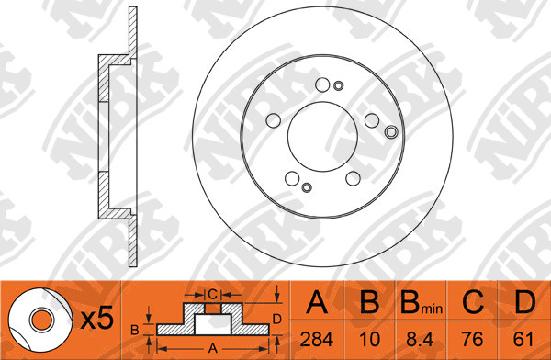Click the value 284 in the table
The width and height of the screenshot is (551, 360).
316,340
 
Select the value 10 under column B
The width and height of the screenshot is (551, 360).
370,340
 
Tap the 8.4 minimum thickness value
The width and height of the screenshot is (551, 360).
421,340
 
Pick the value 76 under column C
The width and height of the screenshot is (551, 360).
473,340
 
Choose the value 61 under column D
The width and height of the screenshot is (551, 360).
523,340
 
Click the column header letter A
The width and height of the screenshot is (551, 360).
317,302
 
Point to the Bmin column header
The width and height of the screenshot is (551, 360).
421,302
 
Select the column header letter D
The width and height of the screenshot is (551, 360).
524,302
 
